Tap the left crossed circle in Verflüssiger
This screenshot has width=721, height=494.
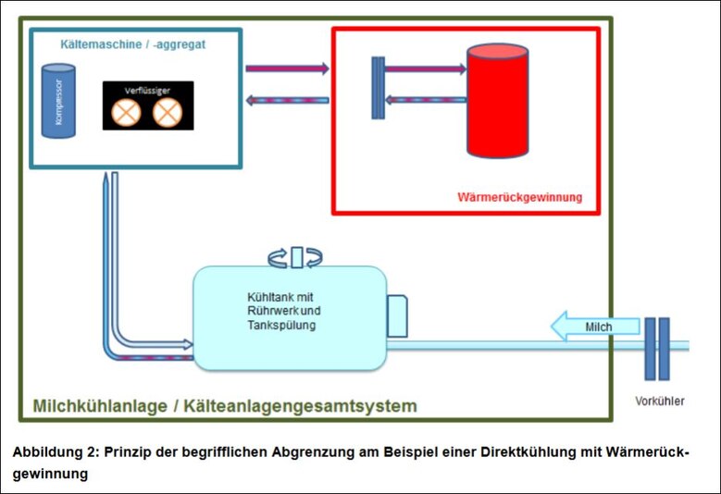[125, 113]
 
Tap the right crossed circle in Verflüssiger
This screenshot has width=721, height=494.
[166, 113]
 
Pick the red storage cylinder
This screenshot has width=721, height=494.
[497, 101]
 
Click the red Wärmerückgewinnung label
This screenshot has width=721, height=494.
[519, 197]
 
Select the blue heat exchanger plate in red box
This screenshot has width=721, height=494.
[378, 88]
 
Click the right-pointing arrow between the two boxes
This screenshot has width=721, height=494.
[287, 68]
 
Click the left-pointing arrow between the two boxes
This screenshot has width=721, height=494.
[287, 99]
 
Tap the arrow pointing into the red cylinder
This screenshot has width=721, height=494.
[425, 68]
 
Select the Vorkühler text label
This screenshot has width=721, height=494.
[660, 401]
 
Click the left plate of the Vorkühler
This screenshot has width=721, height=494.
[650, 349]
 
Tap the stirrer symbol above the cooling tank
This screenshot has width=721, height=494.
[296, 256]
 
